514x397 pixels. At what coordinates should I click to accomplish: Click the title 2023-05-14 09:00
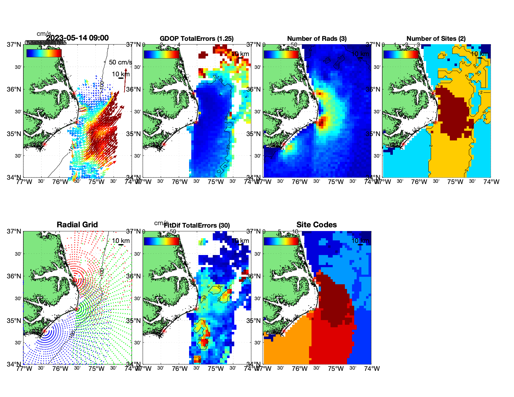(x=77, y=38)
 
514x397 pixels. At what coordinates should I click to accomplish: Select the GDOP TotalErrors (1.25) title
(x=197, y=39)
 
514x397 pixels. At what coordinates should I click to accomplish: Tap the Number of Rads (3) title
(x=317, y=39)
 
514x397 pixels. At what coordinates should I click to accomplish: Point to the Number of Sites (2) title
(x=436, y=39)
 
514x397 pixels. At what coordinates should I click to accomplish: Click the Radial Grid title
(x=77, y=224)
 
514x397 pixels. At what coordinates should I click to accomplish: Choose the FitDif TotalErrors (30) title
(x=197, y=225)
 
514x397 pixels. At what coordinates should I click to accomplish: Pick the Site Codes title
(x=316, y=224)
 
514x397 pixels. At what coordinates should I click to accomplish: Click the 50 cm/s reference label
(x=120, y=62)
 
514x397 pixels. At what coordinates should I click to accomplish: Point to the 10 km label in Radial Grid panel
(x=121, y=241)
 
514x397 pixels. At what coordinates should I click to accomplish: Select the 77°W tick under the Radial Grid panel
(x=24, y=369)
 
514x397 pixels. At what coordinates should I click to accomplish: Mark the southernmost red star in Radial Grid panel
(x=44, y=331)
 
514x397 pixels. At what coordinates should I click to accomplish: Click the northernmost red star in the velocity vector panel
(x=74, y=93)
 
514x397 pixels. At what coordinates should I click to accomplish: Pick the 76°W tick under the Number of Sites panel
(x=419, y=182)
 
